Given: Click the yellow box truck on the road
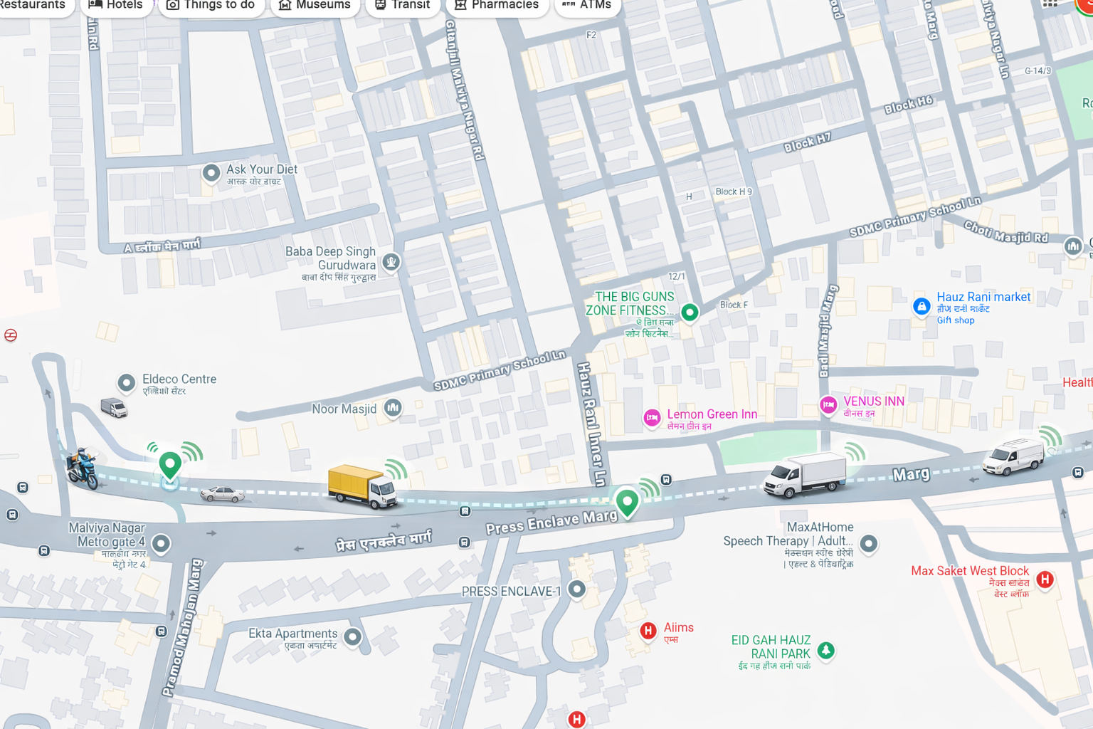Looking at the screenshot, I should tap(361, 486).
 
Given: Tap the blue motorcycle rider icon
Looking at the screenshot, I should tap(83, 468).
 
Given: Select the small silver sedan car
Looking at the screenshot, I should tap(222, 493).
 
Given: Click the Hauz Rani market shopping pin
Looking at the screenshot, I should tap(922, 307).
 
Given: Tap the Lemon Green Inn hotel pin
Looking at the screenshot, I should tap(652, 418).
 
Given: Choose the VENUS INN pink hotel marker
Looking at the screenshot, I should tap(828, 405).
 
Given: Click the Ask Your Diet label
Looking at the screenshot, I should tap(261, 169).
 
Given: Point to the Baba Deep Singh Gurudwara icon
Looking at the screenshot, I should tap(391, 262).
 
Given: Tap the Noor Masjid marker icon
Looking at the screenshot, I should tap(393, 407).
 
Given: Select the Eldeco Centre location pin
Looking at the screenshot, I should tap(127, 383).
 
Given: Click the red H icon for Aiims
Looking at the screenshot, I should tap(648, 631).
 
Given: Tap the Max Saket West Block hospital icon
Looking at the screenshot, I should tap(1045, 579).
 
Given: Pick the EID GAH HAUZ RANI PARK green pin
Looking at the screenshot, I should tap(825, 649).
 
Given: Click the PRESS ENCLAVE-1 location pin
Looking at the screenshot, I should tap(577, 589).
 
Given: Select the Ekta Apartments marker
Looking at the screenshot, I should tap(352, 636).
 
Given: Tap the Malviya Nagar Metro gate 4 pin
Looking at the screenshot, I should tap(162, 544).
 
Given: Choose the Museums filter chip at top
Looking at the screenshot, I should tap(314, 5).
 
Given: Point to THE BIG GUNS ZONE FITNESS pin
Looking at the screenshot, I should tap(689, 312).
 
